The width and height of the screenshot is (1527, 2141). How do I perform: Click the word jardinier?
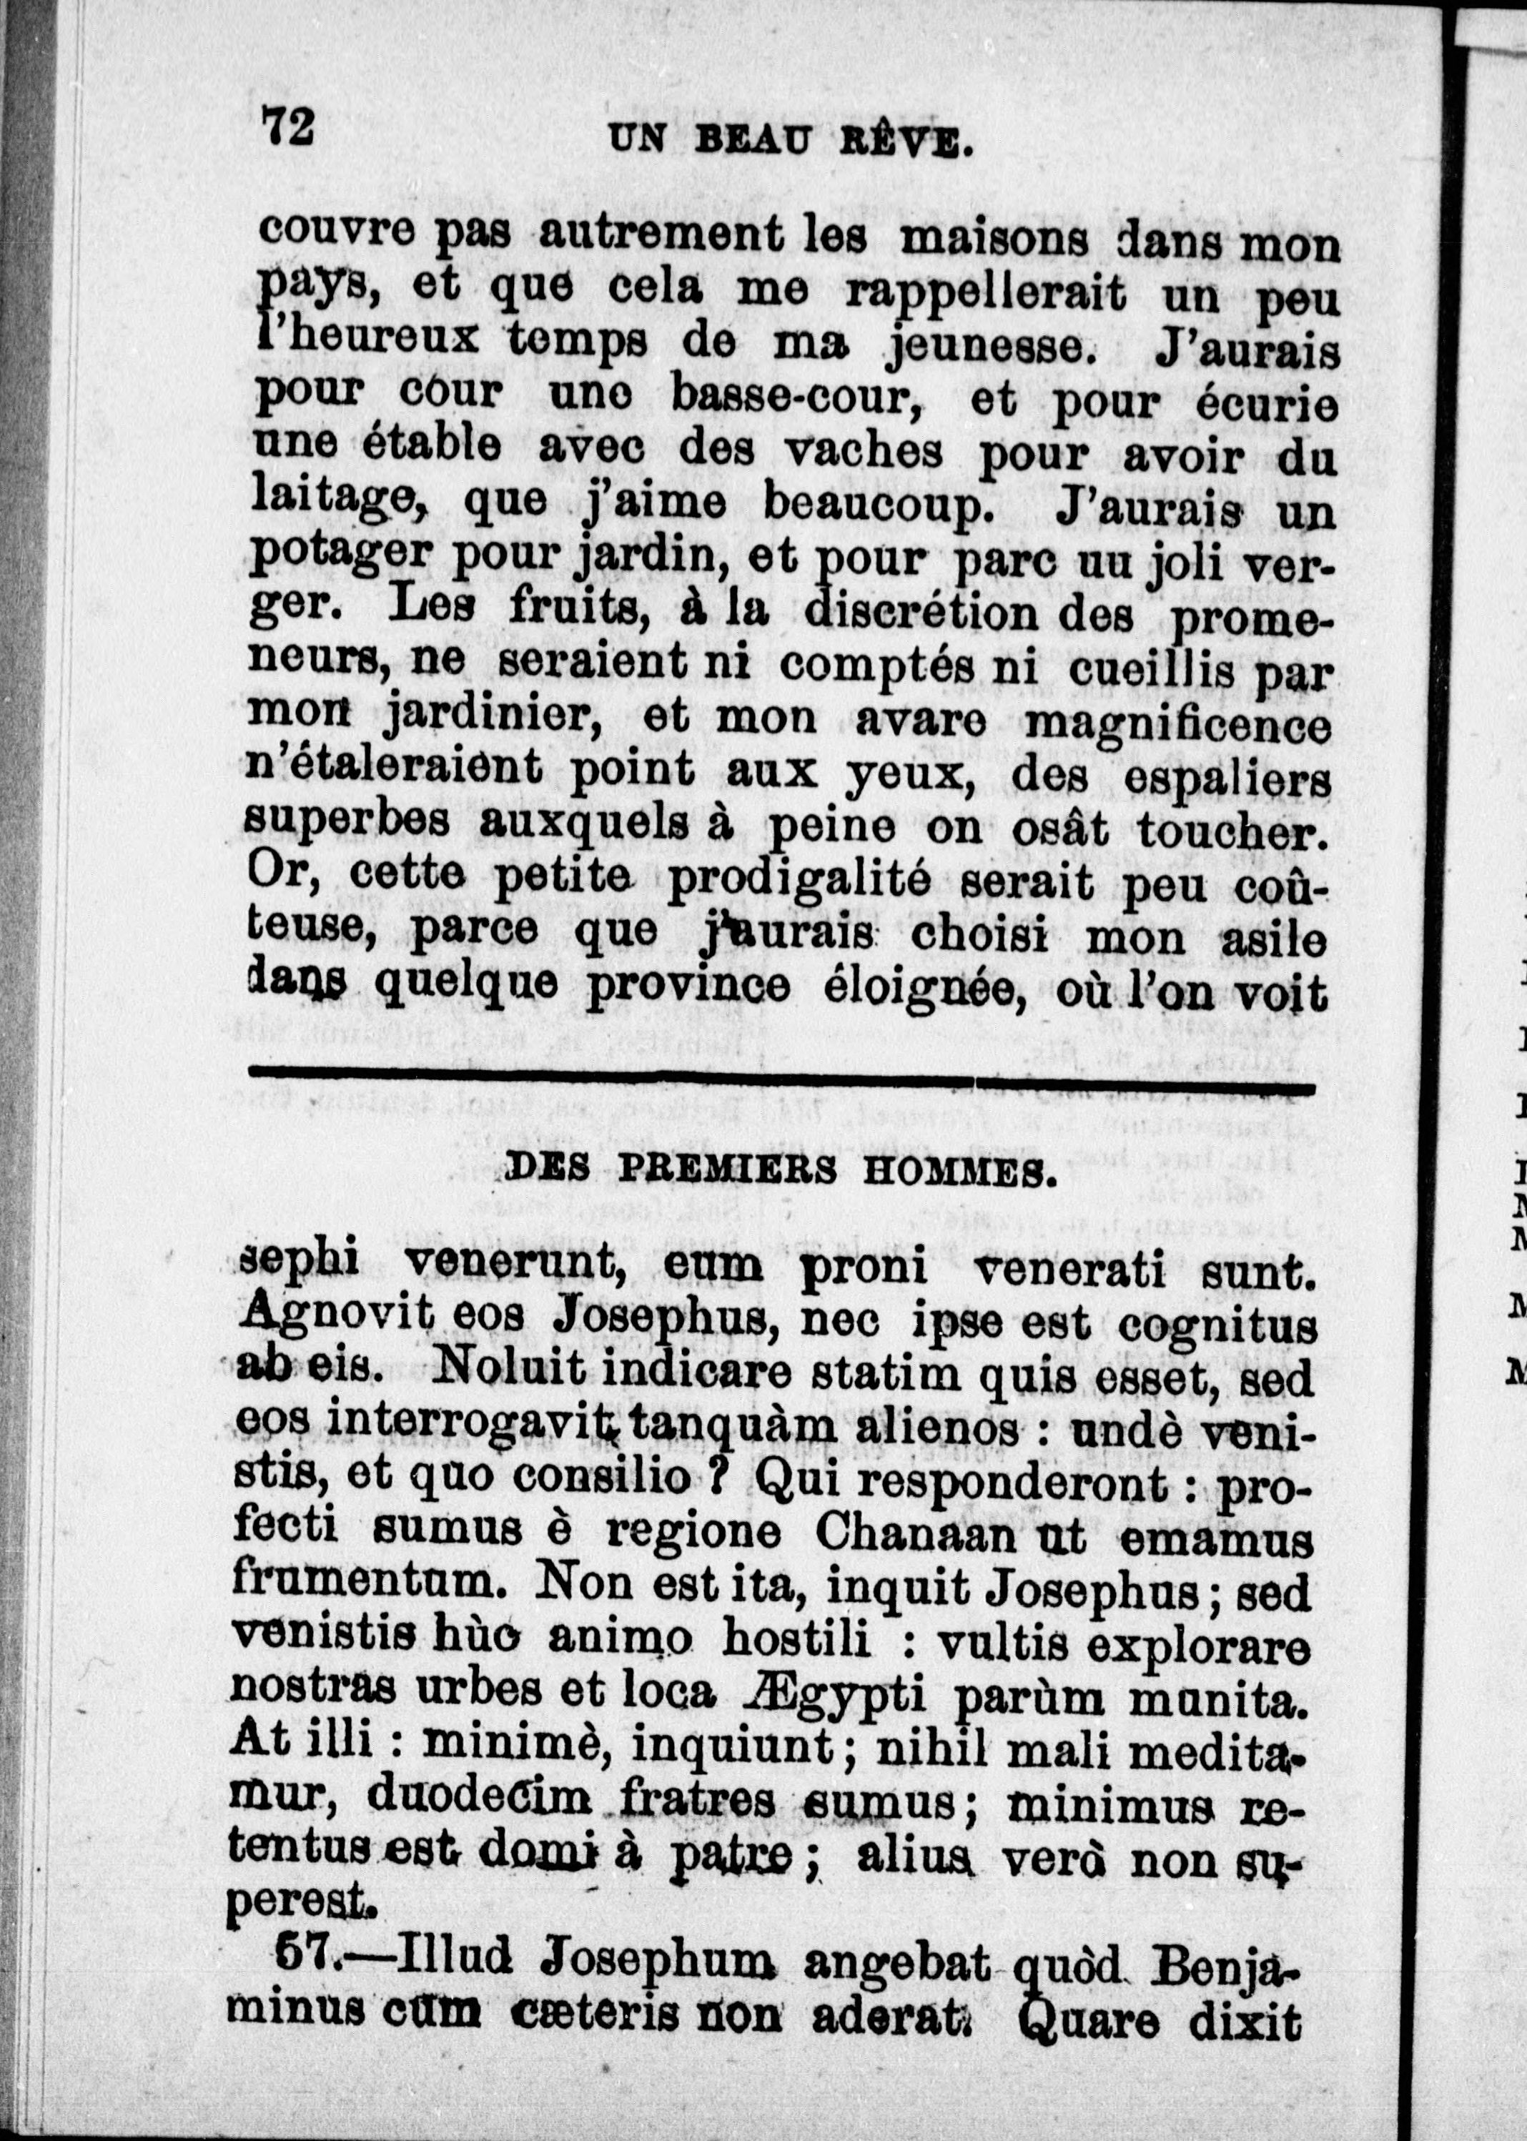click(x=494, y=719)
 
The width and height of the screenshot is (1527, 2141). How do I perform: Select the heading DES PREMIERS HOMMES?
click(x=776, y=1172)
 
